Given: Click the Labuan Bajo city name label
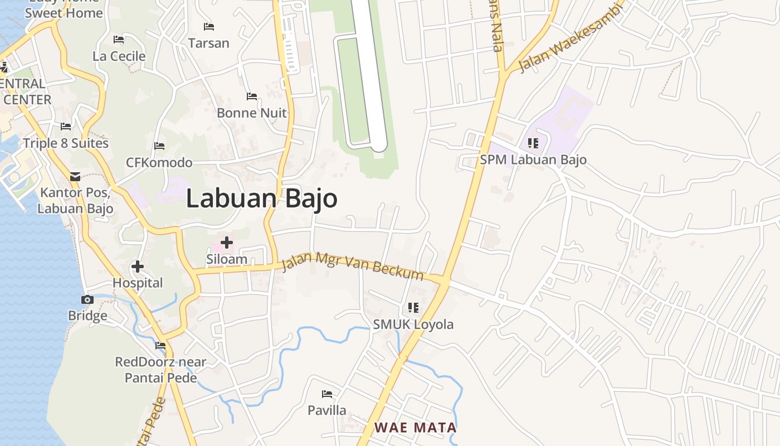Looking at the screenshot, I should [x=261, y=199].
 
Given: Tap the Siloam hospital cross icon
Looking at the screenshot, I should [x=227, y=243].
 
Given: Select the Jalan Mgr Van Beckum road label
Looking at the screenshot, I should [x=352, y=267].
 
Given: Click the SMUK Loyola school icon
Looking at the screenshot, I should [x=413, y=308].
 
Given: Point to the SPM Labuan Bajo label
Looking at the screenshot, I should [x=533, y=160].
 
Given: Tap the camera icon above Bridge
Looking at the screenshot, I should [x=87, y=300].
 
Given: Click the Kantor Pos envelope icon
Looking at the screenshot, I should [x=75, y=177].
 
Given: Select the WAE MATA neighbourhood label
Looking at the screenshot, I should [x=415, y=428].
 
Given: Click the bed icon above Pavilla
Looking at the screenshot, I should [x=327, y=394].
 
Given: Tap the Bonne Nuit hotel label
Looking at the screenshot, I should [x=252, y=113].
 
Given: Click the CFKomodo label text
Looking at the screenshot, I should [x=159, y=163].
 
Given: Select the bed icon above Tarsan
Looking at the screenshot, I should [x=209, y=26].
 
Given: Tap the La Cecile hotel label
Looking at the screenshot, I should [x=119, y=56].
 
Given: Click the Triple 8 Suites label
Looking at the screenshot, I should [x=66, y=143].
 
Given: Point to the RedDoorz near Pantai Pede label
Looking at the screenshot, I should [x=160, y=370].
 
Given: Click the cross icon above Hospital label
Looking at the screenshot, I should [x=138, y=266].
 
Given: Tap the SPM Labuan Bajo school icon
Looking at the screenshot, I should [x=533, y=143].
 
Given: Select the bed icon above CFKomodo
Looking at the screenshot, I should [x=159, y=146].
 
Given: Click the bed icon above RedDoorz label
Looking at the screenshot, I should [x=160, y=346].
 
